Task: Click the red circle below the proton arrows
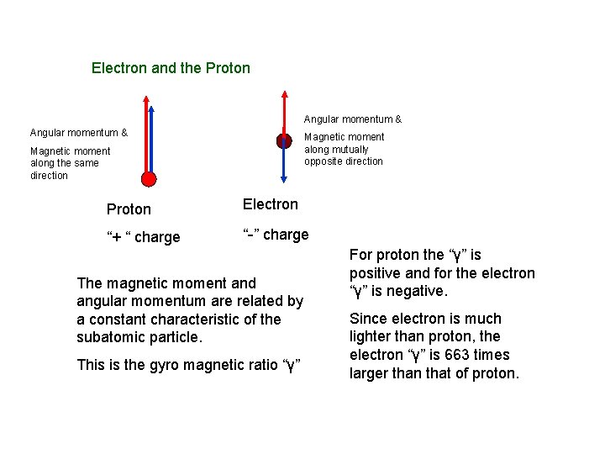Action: [x=149, y=178]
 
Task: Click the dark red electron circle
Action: [x=284, y=141]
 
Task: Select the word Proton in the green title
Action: [x=227, y=67]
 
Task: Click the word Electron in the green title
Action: [x=118, y=67]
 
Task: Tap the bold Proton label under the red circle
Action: [x=129, y=209]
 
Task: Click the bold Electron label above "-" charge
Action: [x=270, y=203]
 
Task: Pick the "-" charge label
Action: [x=275, y=235]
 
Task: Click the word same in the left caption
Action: [x=87, y=163]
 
